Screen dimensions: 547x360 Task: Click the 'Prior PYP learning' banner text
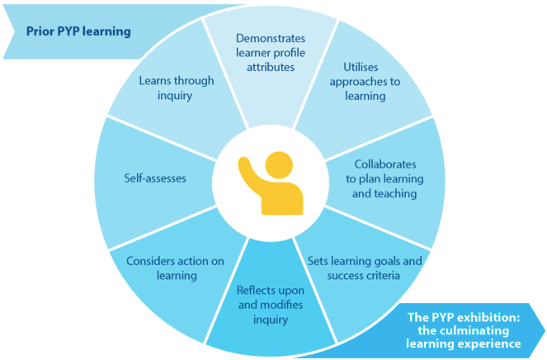click(x=78, y=31)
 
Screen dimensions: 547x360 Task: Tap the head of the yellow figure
click(x=279, y=165)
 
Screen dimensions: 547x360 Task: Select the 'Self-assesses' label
click(x=155, y=178)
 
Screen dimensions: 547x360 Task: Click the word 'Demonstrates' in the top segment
click(x=271, y=38)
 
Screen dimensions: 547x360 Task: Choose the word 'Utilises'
click(x=361, y=67)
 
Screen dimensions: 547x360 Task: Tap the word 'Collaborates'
click(x=385, y=164)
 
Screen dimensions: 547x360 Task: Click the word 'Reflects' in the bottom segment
click(x=256, y=290)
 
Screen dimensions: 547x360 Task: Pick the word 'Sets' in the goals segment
click(x=318, y=261)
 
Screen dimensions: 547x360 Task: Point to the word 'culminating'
click(x=474, y=330)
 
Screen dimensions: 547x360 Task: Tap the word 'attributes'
click(x=271, y=67)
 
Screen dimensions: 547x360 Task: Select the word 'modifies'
click(x=283, y=305)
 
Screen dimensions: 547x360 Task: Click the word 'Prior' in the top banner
click(x=40, y=31)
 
